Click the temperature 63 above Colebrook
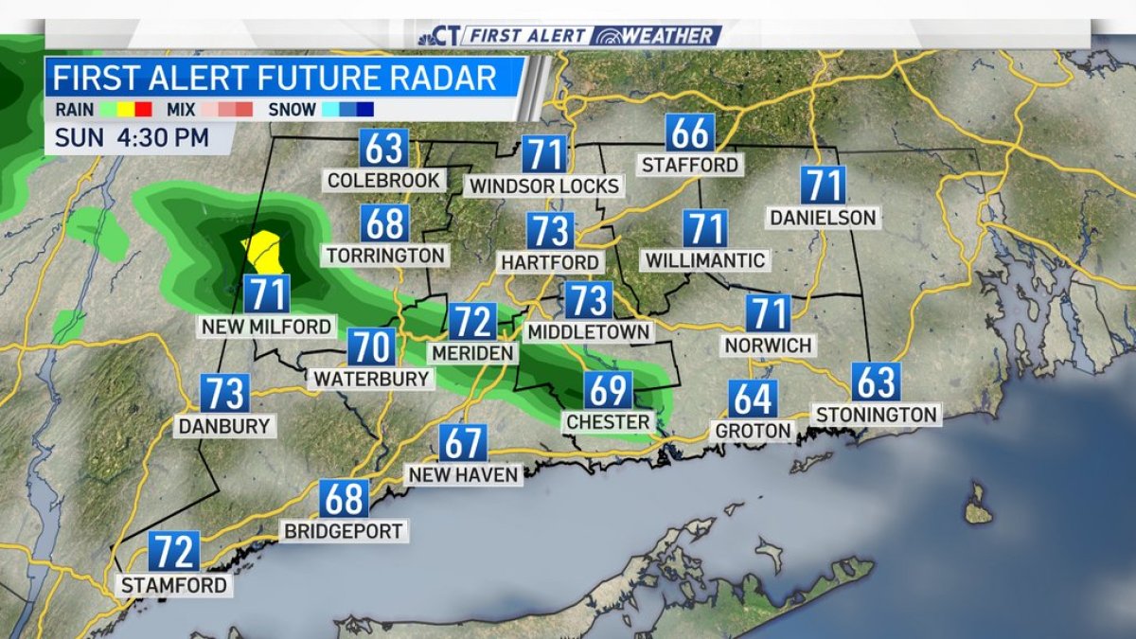tap(383, 149)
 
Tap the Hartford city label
tap(551, 261)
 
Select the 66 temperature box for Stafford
tap(689, 133)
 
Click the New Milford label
tap(267, 327)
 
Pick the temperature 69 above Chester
tap(608, 390)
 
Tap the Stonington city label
tap(876, 414)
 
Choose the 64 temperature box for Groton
tap(754, 399)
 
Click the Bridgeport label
tap(345, 530)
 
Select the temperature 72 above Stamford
tap(174, 551)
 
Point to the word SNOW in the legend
tap(292, 109)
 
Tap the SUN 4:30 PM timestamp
tap(132, 136)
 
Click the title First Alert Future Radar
tap(275, 77)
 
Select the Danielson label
tap(823, 218)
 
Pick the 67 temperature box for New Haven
tap(463, 443)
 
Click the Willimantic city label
tap(704, 258)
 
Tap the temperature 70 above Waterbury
tap(372, 347)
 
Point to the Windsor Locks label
tap(544, 185)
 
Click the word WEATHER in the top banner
tap(666, 36)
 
